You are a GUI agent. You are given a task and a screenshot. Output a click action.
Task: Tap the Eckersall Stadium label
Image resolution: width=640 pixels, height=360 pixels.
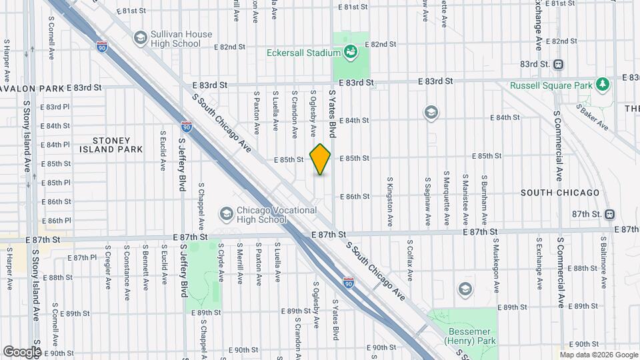click(x=303, y=52)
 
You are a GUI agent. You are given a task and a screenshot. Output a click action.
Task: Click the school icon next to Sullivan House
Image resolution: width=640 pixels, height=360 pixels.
click(x=140, y=38)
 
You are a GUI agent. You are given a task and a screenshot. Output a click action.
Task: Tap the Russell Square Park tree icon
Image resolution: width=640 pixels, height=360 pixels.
click(x=603, y=85)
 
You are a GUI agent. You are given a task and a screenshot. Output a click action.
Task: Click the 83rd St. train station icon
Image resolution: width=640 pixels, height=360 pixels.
click(x=559, y=65)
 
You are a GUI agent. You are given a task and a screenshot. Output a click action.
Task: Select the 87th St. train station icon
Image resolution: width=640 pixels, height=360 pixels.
click(x=610, y=214)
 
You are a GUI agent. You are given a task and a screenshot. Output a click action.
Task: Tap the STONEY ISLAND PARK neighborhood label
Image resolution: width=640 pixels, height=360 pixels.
click(x=117, y=145)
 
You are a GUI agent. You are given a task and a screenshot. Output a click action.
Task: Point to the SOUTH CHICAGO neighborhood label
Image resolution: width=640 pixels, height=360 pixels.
click(x=560, y=193)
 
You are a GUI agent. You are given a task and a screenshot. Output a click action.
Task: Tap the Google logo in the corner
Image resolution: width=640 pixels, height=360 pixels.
click(x=22, y=351)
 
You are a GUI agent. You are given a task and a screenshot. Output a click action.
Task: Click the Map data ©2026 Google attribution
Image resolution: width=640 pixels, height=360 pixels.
click(x=598, y=355)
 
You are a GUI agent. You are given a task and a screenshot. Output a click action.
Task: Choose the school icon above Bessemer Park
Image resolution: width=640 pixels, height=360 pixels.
click(x=465, y=289)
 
